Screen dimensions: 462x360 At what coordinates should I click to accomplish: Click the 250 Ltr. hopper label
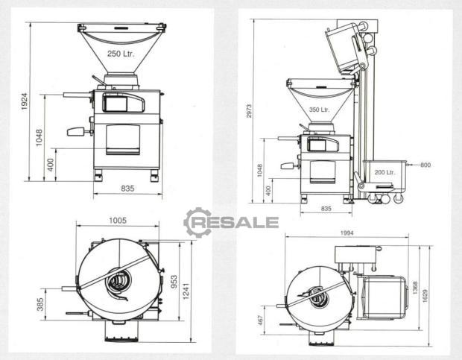pos(121,54)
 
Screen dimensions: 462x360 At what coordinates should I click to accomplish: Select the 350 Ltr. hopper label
pos(319,110)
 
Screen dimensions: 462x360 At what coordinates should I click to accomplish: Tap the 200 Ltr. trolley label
pos(385,172)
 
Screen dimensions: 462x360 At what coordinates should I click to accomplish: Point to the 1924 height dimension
pos(24,101)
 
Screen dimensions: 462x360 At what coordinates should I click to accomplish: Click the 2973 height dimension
pos(249,111)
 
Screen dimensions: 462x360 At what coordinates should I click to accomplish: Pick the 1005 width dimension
pos(118,221)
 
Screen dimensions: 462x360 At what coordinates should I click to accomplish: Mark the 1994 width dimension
pos(346,233)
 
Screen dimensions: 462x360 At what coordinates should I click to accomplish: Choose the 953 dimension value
pos(174,282)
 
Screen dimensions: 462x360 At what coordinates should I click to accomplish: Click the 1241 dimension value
pos(186,291)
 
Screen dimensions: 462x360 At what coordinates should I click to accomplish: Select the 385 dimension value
pos(40,304)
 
